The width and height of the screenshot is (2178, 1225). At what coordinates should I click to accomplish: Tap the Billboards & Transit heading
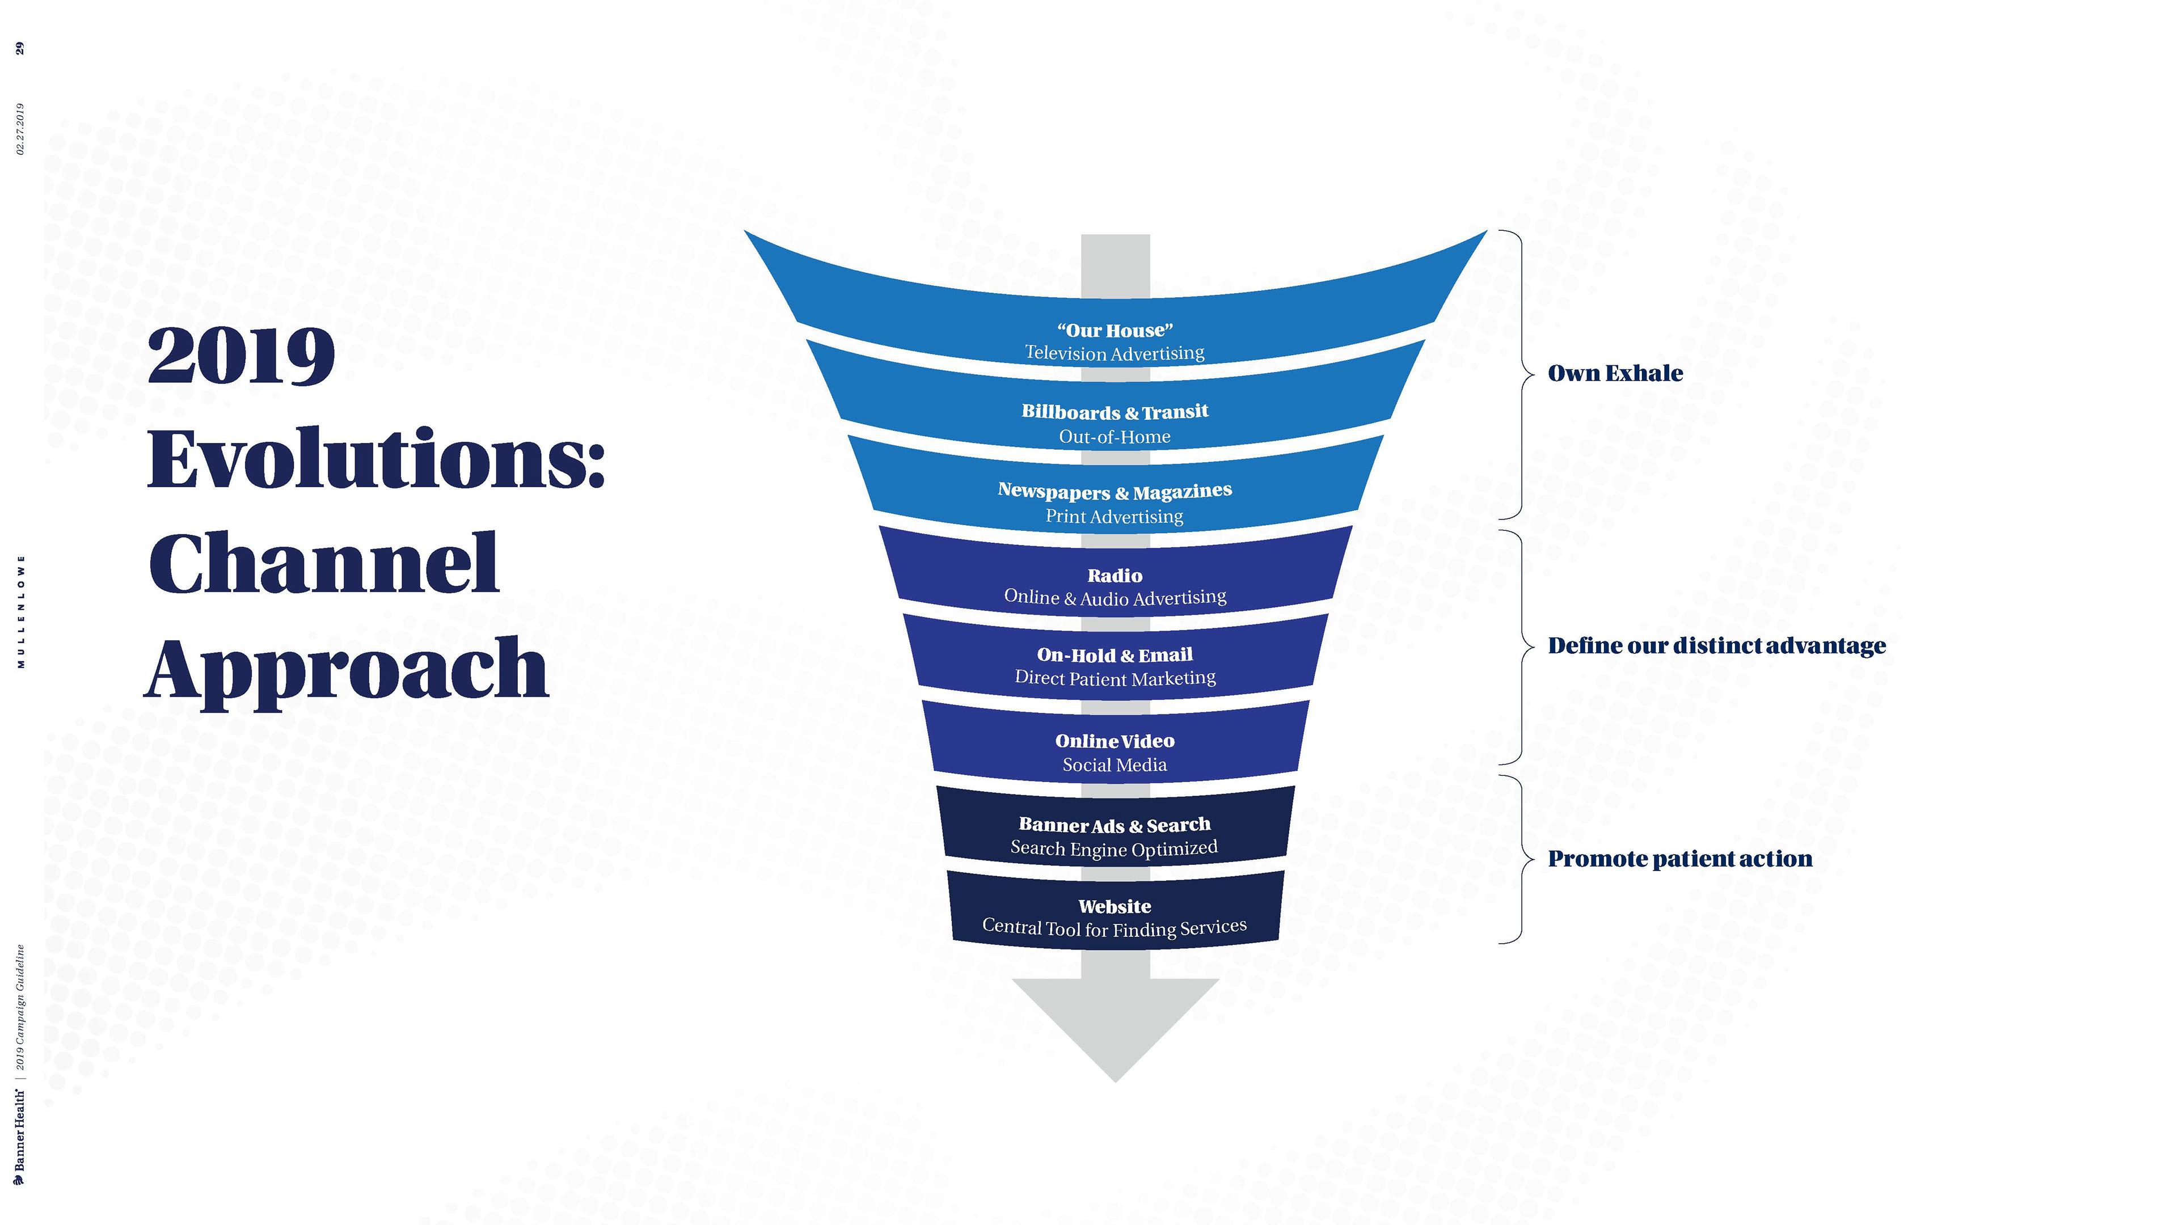tap(1115, 412)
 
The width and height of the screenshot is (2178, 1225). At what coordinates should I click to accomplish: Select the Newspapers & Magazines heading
tap(1115, 491)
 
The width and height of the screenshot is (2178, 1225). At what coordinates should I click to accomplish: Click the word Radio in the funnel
tap(1115, 576)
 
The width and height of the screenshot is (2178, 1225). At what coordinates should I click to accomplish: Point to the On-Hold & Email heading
tap(1115, 655)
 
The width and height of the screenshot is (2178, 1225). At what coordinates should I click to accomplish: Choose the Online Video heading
tap(1115, 741)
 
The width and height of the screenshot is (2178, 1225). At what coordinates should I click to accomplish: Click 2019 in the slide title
tap(242, 356)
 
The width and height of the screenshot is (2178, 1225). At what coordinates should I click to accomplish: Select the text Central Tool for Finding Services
tap(1115, 927)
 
